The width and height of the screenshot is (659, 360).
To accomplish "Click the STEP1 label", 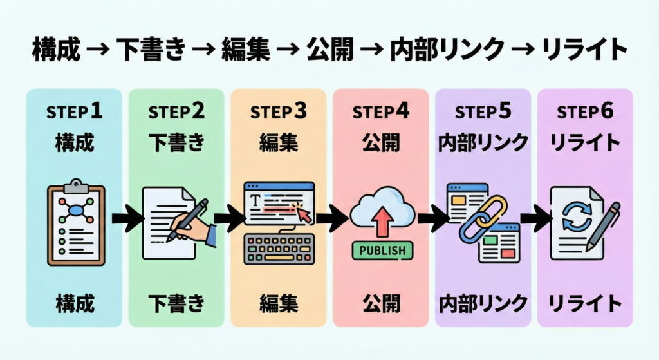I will coord(73,111).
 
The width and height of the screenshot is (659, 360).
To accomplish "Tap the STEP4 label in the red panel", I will coord(380,111).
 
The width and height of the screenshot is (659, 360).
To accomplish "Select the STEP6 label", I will coord(584,111).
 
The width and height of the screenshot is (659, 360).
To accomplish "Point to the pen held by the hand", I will coord(188,219).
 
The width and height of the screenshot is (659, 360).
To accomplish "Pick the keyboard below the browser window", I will coord(279,249).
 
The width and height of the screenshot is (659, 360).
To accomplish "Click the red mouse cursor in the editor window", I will coord(303,214).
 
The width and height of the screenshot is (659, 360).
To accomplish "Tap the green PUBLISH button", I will coord(380,250).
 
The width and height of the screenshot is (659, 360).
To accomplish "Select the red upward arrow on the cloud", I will coord(382,220).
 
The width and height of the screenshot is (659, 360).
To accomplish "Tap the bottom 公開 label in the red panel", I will coord(380,301).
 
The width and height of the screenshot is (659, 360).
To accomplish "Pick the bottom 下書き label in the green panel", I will coord(176,301).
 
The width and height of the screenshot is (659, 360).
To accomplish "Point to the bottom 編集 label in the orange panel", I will coord(279,301).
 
